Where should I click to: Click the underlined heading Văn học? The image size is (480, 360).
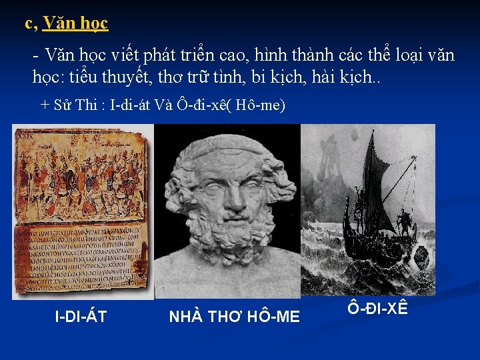coord(75,24)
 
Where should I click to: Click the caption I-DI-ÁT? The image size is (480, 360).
coord(81,317)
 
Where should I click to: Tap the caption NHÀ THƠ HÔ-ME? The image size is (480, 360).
coord(234,317)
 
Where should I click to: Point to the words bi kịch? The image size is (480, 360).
coord(278,77)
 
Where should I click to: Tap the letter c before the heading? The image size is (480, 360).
coord(29,24)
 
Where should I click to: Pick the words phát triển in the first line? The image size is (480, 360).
coord(185,55)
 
